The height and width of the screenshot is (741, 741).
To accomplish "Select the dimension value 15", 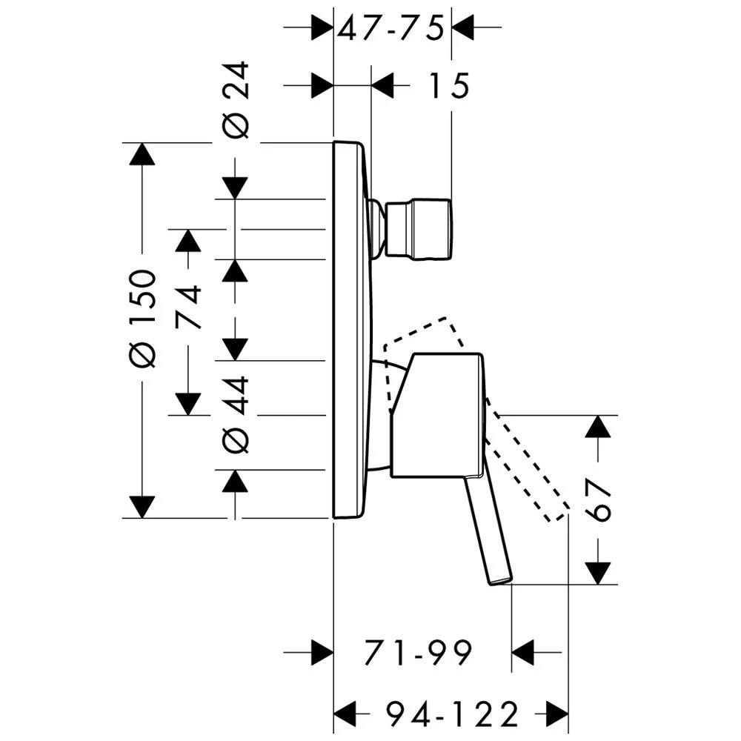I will [447, 86].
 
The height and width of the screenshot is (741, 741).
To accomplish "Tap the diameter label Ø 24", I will [236, 100].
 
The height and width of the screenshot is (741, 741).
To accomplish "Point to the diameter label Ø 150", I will [142, 319].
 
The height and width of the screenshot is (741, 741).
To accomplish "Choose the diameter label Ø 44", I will [236, 415].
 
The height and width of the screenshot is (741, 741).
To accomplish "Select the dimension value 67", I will [599, 499].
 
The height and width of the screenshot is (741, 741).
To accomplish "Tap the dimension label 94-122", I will [451, 715].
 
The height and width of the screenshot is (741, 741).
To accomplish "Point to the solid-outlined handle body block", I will [437, 415].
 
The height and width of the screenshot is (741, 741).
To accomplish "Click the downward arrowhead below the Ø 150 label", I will [142, 506].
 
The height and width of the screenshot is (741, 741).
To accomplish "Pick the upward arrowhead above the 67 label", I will [599, 426].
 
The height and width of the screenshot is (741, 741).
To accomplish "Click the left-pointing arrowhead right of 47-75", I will [462, 28].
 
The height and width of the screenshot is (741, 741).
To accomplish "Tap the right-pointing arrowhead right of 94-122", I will [556, 715].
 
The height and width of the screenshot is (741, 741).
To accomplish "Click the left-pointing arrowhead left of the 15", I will [382, 86].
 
